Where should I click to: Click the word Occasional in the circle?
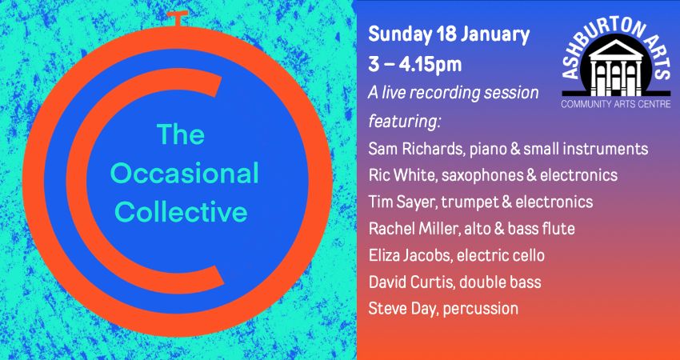184,174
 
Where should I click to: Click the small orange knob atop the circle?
179,18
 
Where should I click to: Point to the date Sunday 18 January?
449,35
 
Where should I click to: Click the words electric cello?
500,254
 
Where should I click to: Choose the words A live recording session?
454,92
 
